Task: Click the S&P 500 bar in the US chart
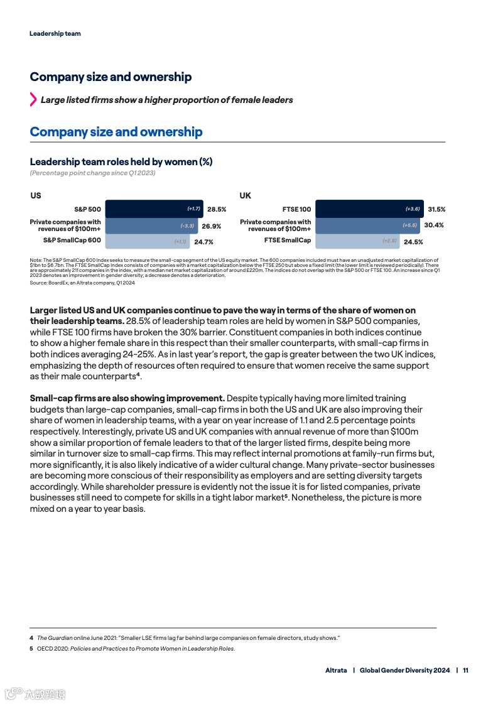tap(154, 209)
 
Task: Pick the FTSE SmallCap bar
tap(357, 241)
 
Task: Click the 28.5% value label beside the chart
tap(217, 209)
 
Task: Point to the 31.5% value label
tap(436, 209)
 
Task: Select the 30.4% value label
tap(434, 225)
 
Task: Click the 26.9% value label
tap(211, 225)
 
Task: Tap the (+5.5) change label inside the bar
tap(409, 225)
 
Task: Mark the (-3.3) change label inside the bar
tap(187, 225)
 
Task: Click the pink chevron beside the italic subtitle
tap(33, 99)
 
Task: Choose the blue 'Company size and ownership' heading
tap(116, 132)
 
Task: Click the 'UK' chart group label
tap(245, 195)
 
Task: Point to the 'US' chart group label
tap(36, 195)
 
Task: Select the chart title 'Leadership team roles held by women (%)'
tap(121, 161)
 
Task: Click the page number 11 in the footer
tap(465, 670)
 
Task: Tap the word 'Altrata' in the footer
tap(336, 670)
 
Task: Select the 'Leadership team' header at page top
tap(55, 33)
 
